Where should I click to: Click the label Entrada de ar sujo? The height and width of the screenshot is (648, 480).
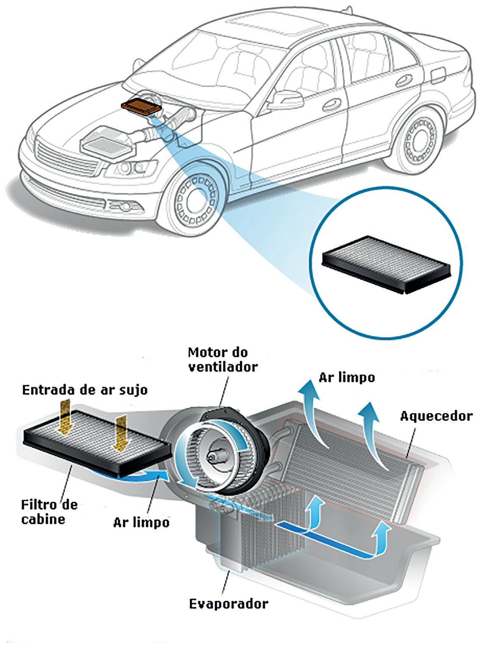coord(85,389)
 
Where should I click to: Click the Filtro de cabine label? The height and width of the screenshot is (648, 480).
coord(50,512)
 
